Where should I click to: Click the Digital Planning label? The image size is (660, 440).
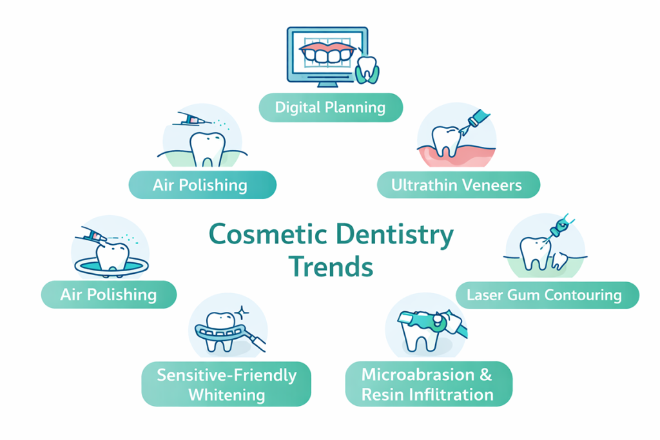(x=330, y=107)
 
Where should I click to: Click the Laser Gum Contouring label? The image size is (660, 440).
(x=544, y=296)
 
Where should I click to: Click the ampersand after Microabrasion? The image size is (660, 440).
(x=486, y=374)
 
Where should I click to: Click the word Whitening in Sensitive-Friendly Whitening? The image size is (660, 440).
(x=226, y=394)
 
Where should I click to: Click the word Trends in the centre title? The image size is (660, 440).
(x=331, y=266)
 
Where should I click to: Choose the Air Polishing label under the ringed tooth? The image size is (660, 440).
(x=108, y=295)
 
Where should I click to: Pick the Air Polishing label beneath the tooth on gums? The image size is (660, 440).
(x=200, y=186)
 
